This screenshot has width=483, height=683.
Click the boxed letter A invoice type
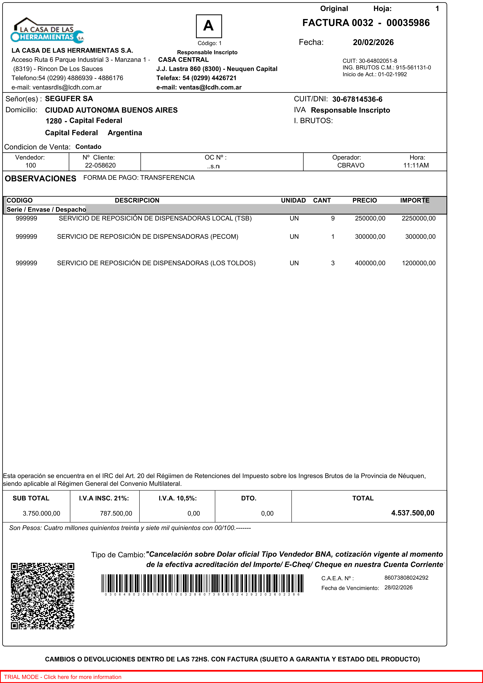pyautogui.click(x=209, y=26)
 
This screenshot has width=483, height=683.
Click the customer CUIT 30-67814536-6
pyautogui.click(x=357, y=99)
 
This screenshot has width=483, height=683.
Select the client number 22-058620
pyautogui.click(x=100, y=165)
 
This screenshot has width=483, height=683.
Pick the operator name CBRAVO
pyautogui.click(x=351, y=165)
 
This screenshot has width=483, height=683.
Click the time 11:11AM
pyautogui.click(x=416, y=165)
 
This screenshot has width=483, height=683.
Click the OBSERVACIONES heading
pyautogui.click(x=41, y=179)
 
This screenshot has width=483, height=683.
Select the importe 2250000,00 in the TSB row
pyautogui.click(x=418, y=218)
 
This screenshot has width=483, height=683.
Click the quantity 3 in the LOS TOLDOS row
pyautogui.click(x=333, y=263)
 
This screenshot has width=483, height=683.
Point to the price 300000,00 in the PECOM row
pyautogui.click(x=370, y=237)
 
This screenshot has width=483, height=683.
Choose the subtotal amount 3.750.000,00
pyautogui.click(x=41, y=513)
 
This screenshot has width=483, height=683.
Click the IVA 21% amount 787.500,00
pyautogui.click(x=116, y=513)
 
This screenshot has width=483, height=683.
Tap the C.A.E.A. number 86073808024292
pyautogui.click(x=406, y=578)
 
